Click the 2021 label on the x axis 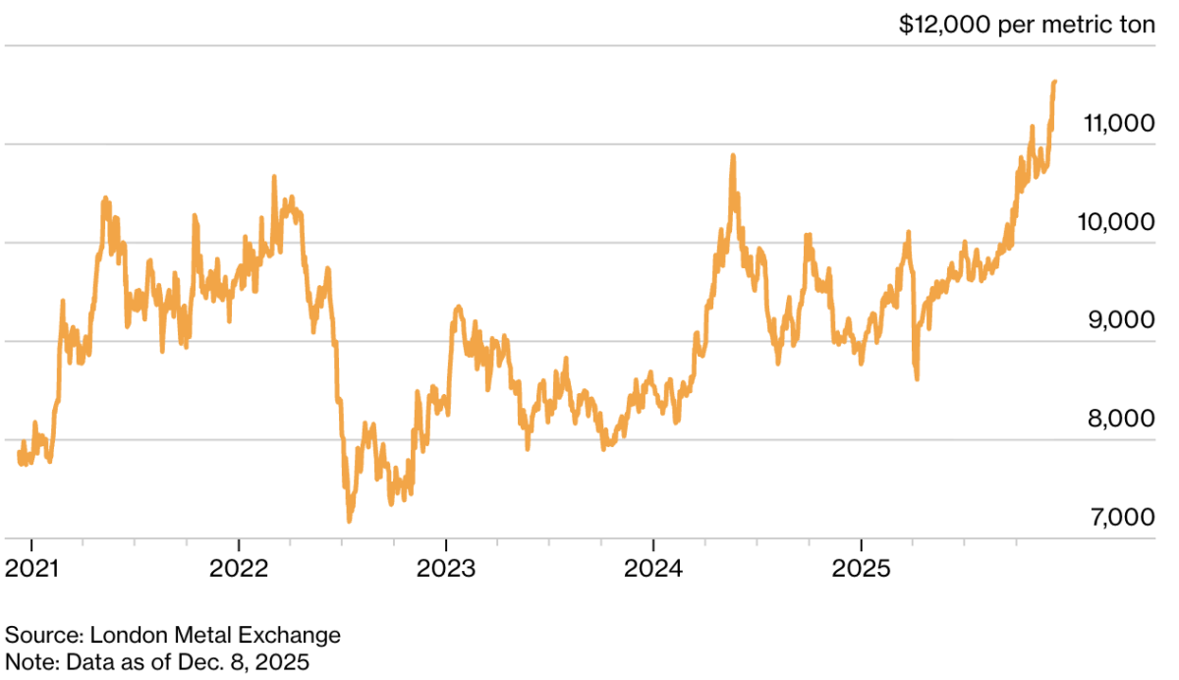click(x=31, y=569)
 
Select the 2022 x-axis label click(x=239, y=569)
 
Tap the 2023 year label click(x=446, y=569)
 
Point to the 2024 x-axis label click(x=653, y=569)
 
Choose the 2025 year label click(x=861, y=569)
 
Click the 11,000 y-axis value click(x=1117, y=124)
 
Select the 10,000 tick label click(x=1117, y=222)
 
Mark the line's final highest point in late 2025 click(x=1054, y=83)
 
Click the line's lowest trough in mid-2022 click(x=349, y=521)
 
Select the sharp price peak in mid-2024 click(x=733, y=155)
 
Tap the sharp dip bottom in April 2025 click(x=918, y=378)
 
